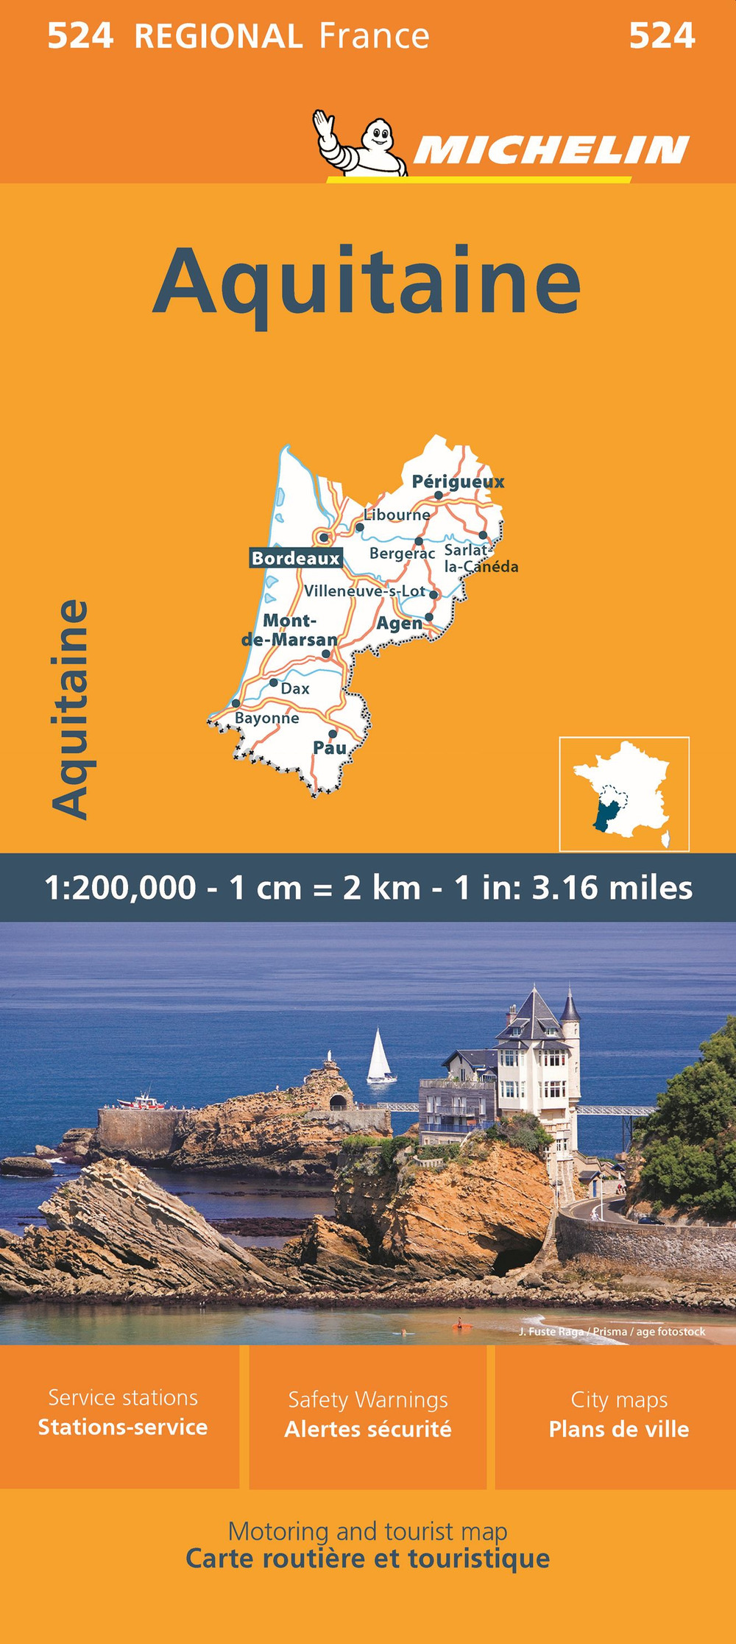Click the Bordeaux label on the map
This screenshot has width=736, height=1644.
296,558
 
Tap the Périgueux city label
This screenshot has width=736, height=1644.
458,482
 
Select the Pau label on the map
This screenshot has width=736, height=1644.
329,748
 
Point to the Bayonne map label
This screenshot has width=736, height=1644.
266,718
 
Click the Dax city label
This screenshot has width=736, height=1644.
295,689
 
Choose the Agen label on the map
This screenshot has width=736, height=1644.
399,624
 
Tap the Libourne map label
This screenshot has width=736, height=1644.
397,515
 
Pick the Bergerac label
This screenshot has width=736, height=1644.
402,553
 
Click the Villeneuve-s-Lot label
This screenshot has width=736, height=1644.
364,590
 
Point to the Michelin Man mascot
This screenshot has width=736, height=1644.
358,143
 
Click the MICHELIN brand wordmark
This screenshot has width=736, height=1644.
551,150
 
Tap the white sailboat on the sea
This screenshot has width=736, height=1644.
380,1056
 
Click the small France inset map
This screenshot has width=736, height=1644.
624,794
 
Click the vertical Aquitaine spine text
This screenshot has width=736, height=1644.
71,709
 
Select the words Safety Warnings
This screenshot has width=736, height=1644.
367,1399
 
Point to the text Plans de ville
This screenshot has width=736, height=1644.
618,1429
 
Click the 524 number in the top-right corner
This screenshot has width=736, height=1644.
662,35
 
